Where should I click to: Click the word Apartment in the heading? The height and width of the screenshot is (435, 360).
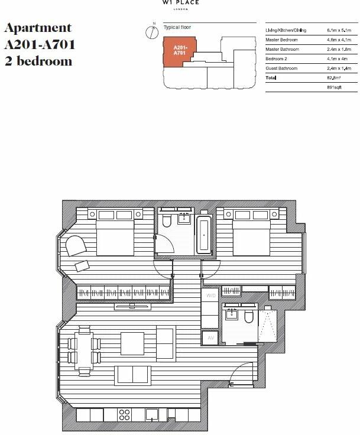[x=38, y=28]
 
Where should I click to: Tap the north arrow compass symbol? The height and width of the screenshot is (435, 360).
[x=148, y=31]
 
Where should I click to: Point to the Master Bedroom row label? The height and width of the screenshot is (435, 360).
[x=283, y=39]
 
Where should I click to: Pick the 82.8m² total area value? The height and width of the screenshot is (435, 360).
[x=334, y=78]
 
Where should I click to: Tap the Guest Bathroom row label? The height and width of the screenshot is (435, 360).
[x=283, y=69]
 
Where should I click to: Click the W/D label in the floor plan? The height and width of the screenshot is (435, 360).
[x=210, y=295]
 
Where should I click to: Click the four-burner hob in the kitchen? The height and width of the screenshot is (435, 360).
[x=125, y=414]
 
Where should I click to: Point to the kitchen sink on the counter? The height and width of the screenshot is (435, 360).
[x=153, y=415]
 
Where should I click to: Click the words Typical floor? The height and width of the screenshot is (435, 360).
[x=177, y=27]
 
